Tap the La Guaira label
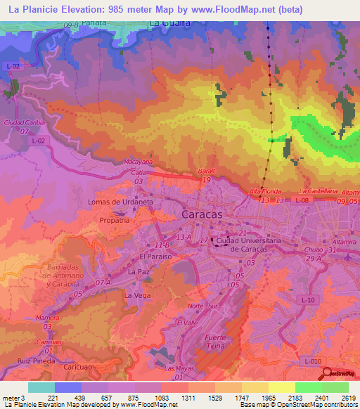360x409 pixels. (x=170, y=23)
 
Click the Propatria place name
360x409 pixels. (x=115, y=220)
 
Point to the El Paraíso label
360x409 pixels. (x=155, y=257)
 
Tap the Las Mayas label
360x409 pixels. (x=178, y=368)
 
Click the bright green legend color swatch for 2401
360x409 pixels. (x=308, y=387)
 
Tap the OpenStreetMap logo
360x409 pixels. (x=341, y=373)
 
